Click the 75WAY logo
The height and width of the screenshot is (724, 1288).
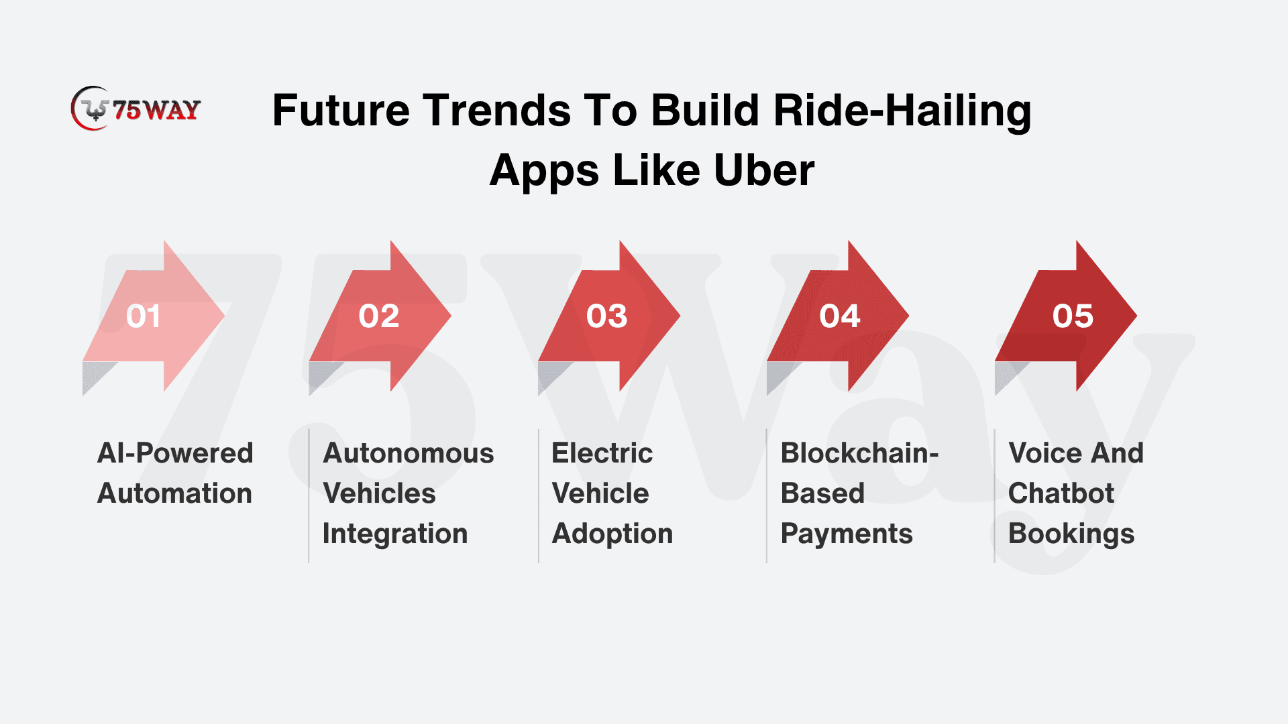[x=136, y=108]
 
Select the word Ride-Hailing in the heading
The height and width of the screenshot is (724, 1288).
[x=902, y=111]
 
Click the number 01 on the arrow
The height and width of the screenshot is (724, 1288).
[x=144, y=316]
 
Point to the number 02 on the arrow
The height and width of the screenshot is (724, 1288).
[x=379, y=316]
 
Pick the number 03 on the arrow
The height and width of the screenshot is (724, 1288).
[x=606, y=316]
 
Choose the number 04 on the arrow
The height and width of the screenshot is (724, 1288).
[x=840, y=316]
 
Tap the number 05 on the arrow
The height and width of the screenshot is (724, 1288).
[x=1073, y=316]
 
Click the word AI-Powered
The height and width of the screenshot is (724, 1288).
[x=175, y=453]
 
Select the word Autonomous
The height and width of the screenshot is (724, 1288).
[x=409, y=453]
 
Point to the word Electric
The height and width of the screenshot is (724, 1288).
[x=602, y=453]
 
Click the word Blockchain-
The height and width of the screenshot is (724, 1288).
[x=860, y=453]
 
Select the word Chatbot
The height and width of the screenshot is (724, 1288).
[x=1061, y=493]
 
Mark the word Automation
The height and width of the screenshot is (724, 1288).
[x=174, y=493]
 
